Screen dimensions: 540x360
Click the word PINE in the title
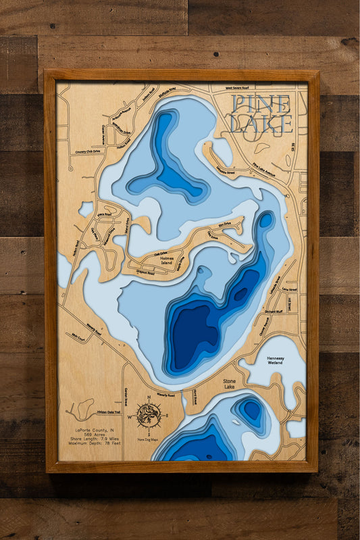point(261,105)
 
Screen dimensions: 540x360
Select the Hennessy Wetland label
point(275,362)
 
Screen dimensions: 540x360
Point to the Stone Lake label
point(229,384)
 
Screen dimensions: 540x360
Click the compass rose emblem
point(149,414)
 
